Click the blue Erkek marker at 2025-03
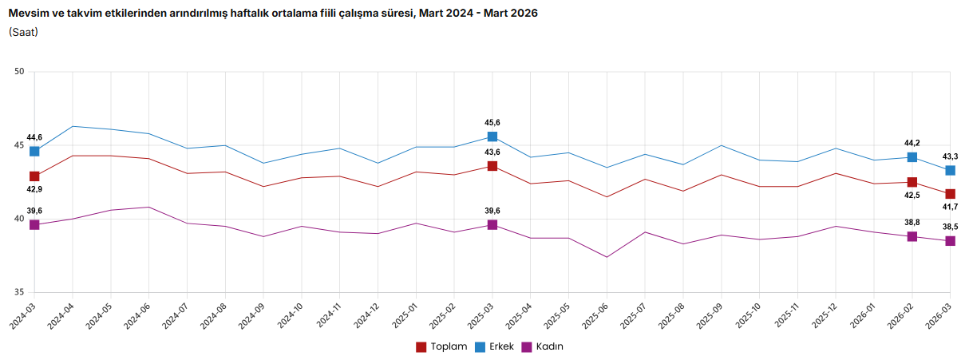[x=492, y=136]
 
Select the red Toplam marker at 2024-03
[x=34, y=176]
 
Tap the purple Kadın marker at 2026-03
[x=951, y=241]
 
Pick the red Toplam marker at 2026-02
[x=912, y=183]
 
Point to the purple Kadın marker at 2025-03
[x=492, y=225]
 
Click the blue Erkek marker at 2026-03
[x=951, y=170]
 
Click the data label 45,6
[x=492, y=123]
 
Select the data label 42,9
[x=34, y=190]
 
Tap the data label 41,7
[x=951, y=207]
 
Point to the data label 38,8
[x=912, y=224]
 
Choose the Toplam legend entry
[x=441, y=346]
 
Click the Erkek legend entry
[x=494, y=346]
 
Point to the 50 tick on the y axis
[x=20, y=72]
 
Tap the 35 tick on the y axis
[x=20, y=293]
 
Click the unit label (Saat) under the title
[x=24, y=32]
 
